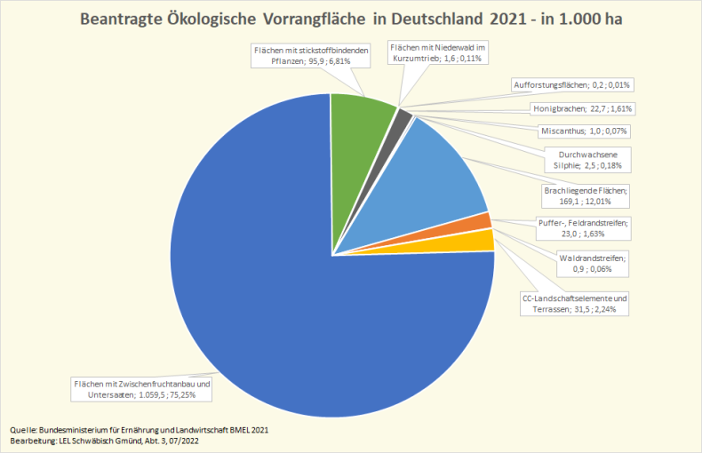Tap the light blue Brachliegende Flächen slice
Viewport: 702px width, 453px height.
pyautogui.click(x=444, y=169)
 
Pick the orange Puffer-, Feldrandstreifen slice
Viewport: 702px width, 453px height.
pyautogui.click(x=484, y=222)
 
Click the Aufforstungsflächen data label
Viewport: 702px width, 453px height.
pyautogui.click(x=573, y=85)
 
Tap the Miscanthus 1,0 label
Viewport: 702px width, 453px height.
pyautogui.click(x=584, y=131)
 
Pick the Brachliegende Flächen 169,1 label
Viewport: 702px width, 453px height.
pyautogui.click(x=585, y=195)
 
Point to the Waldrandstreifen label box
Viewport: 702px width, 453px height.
pyautogui.click(x=593, y=263)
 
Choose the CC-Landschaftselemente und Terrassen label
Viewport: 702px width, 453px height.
pyautogui.click(x=575, y=304)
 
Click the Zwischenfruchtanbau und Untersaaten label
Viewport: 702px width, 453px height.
pyautogui.click(x=141, y=390)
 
